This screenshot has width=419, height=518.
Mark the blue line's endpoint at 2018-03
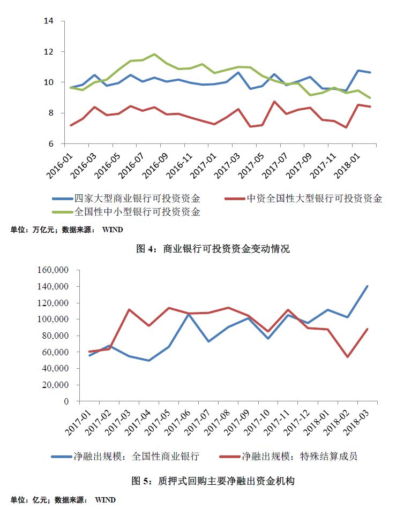[367, 286]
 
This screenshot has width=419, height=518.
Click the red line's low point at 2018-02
[348, 357]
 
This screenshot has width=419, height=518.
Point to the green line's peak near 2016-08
[154, 54]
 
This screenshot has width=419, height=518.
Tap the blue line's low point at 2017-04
[148, 360]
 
